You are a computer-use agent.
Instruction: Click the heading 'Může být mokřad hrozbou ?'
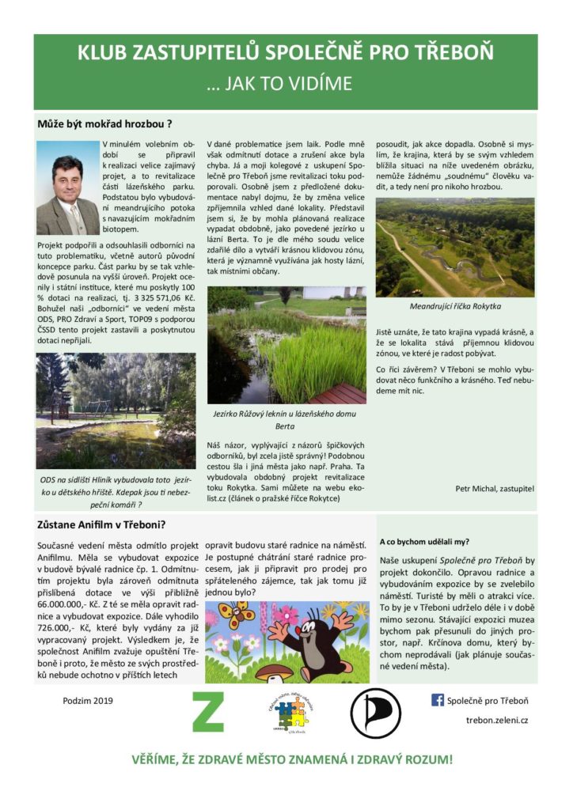tap(104, 124)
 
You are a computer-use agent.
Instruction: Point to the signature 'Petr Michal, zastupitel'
tap(495, 488)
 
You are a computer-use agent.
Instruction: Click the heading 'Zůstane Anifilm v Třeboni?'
tap(101, 524)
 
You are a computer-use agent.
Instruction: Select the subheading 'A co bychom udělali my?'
tap(423, 542)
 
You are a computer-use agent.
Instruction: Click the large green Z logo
tap(208, 712)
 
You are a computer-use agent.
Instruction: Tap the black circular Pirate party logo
tap(375, 713)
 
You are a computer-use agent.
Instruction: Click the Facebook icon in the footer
tap(437, 700)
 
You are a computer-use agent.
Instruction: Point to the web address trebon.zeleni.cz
tap(497, 721)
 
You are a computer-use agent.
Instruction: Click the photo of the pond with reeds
tap(286, 345)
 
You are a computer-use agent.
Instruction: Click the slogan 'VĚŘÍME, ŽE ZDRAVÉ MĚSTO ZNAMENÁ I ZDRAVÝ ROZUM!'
tap(292, 759)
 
